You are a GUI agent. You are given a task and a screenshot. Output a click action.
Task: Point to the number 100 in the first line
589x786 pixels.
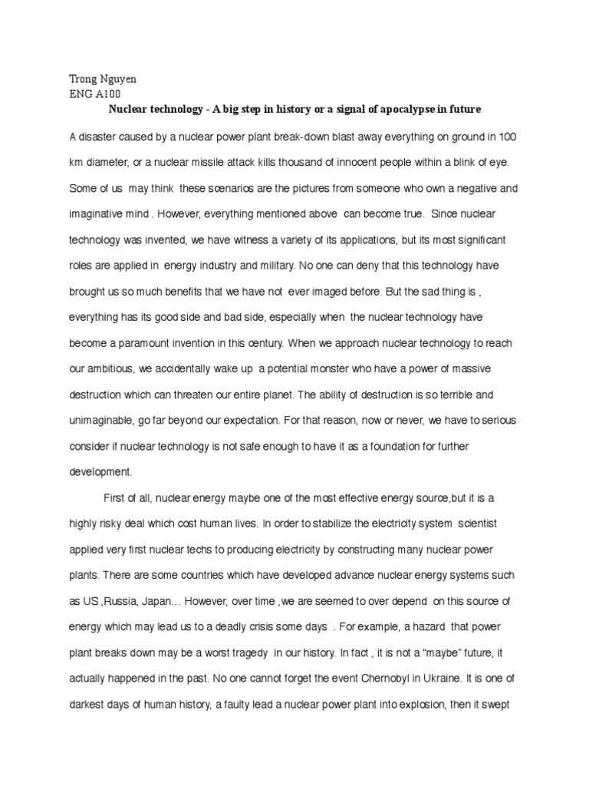507,137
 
